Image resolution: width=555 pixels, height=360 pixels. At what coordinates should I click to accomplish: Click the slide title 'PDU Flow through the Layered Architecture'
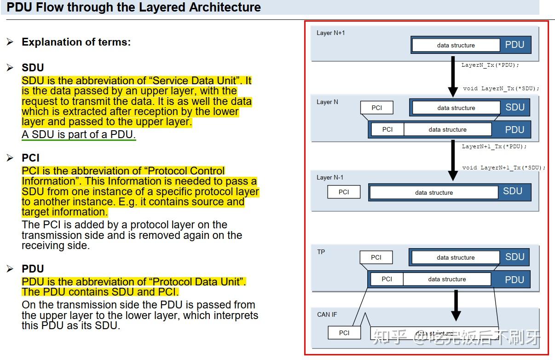click(133, 7)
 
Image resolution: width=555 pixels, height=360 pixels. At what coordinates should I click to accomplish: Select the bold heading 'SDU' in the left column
click(33, 68)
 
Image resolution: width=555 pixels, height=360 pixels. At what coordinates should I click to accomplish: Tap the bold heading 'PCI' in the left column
click(30, 158)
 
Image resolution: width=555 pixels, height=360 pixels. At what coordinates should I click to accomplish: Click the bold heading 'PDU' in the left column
click(33, 269)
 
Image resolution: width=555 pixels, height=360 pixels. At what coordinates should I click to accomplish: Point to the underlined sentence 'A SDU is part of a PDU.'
click(79, 135)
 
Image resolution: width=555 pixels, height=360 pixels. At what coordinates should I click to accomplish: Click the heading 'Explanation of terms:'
click(76, 42)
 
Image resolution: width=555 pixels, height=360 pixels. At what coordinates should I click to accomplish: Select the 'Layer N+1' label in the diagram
click(330, 33)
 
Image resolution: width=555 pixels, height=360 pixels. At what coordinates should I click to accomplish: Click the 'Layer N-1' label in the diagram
click(330, 177)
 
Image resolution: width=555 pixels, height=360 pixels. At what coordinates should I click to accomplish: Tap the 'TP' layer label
click(321, 252)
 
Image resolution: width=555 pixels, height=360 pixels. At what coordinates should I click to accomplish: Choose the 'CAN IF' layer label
click(327, 314)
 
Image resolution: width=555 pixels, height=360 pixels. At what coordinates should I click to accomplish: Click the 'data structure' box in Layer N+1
click(456, 45)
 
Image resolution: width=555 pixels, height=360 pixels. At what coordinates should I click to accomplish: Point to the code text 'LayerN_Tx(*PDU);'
click(490, 65)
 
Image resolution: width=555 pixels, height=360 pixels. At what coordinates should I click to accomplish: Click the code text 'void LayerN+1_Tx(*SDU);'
click(504, 168)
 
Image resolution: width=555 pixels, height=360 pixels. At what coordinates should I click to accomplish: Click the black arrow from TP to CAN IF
click(456, 305)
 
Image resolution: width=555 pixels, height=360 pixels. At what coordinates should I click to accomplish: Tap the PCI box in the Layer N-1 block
click(344, 192)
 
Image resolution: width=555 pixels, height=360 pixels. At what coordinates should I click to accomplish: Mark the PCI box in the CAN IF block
click(344, 333)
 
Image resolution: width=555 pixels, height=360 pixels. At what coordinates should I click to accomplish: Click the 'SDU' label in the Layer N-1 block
click(512, 191)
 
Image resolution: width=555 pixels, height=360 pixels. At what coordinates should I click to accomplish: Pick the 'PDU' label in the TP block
click(514, 279)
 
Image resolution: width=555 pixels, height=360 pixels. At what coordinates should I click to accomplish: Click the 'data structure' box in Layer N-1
click(434, 192)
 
